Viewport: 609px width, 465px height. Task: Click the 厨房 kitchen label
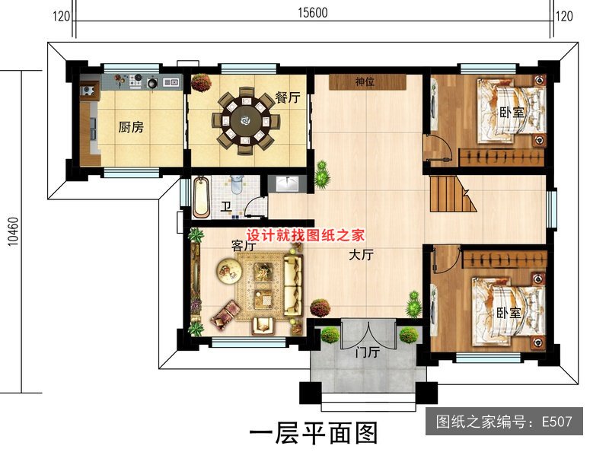(x=131, y=127)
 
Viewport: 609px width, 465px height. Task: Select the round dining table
(x=245, y=119)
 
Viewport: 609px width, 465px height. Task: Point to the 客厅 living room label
(x=242, y=247)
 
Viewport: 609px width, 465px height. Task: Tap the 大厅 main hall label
(x=361, y=256)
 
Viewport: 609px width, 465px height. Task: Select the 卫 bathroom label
(x=226, y=207)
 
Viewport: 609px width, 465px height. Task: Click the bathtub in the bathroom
(x=201, y=196)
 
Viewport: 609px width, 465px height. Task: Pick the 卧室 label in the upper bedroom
(x=512, y=112)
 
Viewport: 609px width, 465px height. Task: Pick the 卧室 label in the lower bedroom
(x=509, y=312)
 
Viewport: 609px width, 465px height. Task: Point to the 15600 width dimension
(x=314, y=13)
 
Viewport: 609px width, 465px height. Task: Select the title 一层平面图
(x=314, y=434)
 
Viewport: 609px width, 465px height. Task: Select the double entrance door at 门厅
(x=368, y=332)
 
